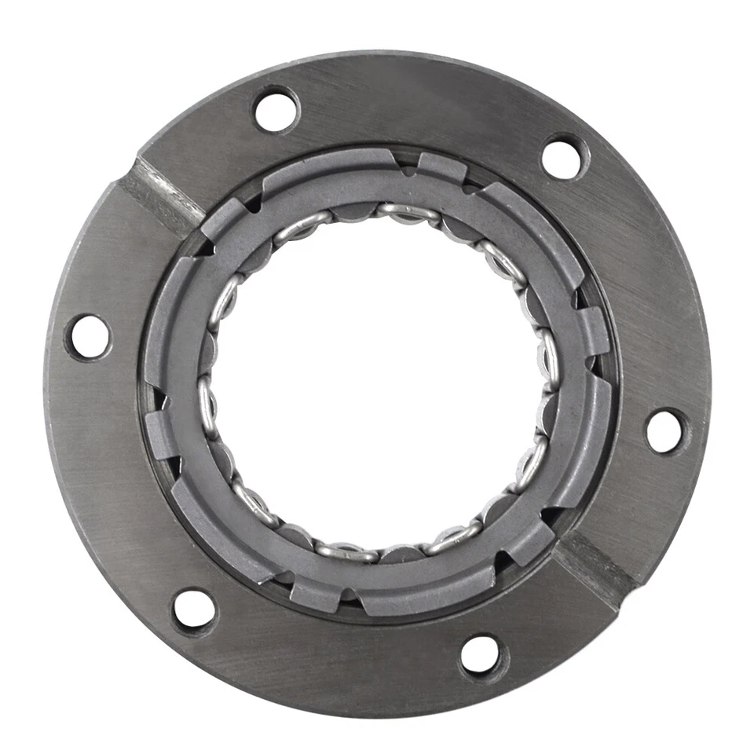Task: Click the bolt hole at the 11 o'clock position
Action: (x=276, y=111)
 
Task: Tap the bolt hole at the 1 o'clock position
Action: (x=563, y=158)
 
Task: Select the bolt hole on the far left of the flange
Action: (x=89, y=337)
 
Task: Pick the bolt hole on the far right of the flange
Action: (x=665, y=430)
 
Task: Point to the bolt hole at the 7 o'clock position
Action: (x=193, y=609)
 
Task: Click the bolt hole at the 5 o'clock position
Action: (x=480, y=654)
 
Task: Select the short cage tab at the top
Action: (x=441, y=167)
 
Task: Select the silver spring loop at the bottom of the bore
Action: (x=346, y=551)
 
